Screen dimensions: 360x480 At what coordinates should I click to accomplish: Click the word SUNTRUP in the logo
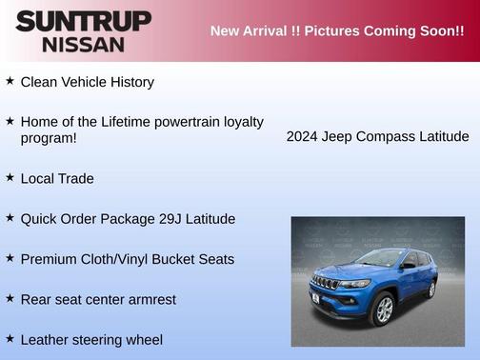pyautogui.click(x=83, y=21)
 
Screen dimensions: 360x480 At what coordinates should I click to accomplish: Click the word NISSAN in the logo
pyautogui.click(x=83, y=44)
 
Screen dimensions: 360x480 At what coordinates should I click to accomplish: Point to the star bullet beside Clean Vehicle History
pyautogui.click(x=10, y=81)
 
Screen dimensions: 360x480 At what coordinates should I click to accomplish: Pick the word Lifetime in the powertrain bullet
pyautogui.click(x=130, y=122)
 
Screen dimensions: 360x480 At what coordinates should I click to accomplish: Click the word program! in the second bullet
pyautogui.click(x=49, y=138)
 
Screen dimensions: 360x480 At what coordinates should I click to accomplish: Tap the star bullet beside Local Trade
pyautogui.click(x=10, y=177)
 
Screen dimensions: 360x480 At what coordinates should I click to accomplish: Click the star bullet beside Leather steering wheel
pyautogui.click(x=10, y=338)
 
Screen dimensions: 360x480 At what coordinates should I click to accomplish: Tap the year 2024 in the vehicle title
pyautogui.click(x=303, y=136)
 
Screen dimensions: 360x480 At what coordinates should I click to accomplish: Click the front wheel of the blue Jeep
pyautogui.click(x=384, y=309)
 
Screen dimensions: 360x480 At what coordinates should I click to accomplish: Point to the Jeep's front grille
pyautogui.click(x=326, y=284)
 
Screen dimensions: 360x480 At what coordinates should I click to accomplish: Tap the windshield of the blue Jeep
pyautogui.click(x=380, y=257)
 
